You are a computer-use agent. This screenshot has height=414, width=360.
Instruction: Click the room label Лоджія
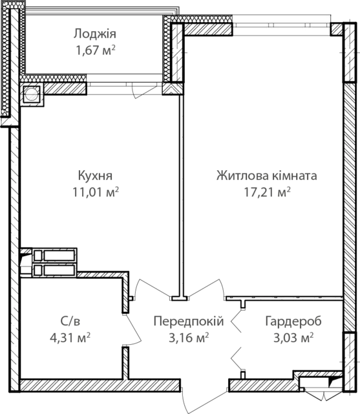click(94, 34)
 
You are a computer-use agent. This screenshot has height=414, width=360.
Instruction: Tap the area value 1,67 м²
click(96, 50)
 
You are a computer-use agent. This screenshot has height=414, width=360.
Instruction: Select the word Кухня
click(95, 176)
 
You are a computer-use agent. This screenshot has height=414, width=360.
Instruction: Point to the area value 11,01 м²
click(96, 192)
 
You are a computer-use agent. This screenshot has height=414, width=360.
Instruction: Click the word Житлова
click(240, 175)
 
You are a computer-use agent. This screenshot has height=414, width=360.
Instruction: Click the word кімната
click(292, 175)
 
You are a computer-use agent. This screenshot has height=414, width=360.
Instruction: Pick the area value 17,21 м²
click(267, 192)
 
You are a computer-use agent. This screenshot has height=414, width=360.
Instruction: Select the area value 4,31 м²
click(70, 338)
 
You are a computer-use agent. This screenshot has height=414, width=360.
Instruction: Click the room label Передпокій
click(189, 321)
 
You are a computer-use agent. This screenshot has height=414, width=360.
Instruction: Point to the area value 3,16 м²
click(189, 338)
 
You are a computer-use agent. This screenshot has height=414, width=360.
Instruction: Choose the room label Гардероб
click(293, 321)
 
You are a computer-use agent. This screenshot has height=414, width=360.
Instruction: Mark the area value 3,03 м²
click(293, 338)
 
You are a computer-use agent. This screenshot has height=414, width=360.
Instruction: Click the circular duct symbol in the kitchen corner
click(32, 94)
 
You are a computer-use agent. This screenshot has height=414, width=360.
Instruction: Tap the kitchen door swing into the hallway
click(148, 285)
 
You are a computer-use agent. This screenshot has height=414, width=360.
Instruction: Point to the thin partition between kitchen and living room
click(181, 195)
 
